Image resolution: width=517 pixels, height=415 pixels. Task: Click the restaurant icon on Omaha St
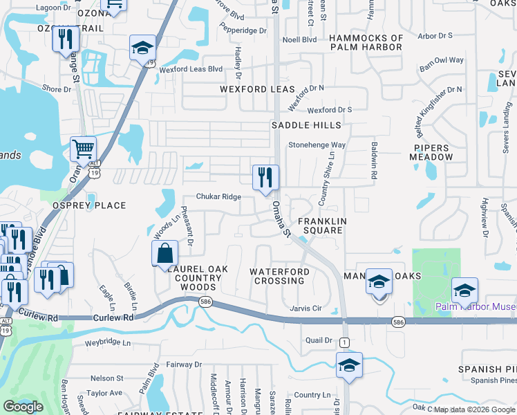(265, 177)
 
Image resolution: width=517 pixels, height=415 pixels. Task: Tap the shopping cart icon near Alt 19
(83, 148)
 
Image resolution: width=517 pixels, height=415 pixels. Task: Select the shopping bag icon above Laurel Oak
(165, 253)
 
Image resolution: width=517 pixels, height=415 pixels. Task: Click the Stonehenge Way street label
(317, 145)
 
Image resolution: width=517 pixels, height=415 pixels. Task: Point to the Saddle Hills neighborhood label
(306, 125)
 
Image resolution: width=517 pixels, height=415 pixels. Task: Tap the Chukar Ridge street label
(218, 197)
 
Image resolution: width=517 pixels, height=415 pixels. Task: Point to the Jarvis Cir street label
(307, 308)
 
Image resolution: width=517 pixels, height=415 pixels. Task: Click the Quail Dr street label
(319, 340)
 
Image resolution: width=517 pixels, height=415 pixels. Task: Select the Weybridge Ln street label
(107, 342)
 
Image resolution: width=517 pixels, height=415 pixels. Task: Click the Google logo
(23, 407)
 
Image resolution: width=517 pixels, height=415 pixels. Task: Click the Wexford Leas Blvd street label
(191, 69)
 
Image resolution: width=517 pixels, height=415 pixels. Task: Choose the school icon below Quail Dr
(349, 365)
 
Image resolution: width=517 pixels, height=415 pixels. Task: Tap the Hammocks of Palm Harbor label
(366, 42)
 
